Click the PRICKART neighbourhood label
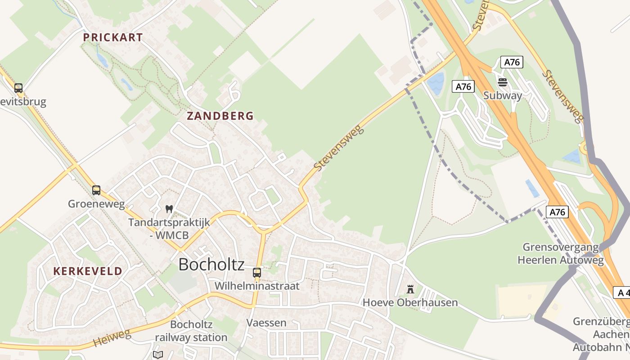point(113,38)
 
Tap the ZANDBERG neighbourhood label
point(220,116)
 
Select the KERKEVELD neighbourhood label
point(88,271)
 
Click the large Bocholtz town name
point(211,264)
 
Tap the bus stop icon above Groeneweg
point(96,190)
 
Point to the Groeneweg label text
point(96,204)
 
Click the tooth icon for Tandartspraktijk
point(169,209)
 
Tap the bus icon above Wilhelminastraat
point(256,272)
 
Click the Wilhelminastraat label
point(256,286)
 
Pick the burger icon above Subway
point(503,82)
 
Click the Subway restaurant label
point(503,95)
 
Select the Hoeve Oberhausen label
point(410,302)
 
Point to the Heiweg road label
point(112,337)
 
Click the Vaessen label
point(266,323)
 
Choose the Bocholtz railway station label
point(191,331)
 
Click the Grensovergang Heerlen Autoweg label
point(560,253)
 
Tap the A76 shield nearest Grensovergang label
point(557,211)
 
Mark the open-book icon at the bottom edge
point(157,355)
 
